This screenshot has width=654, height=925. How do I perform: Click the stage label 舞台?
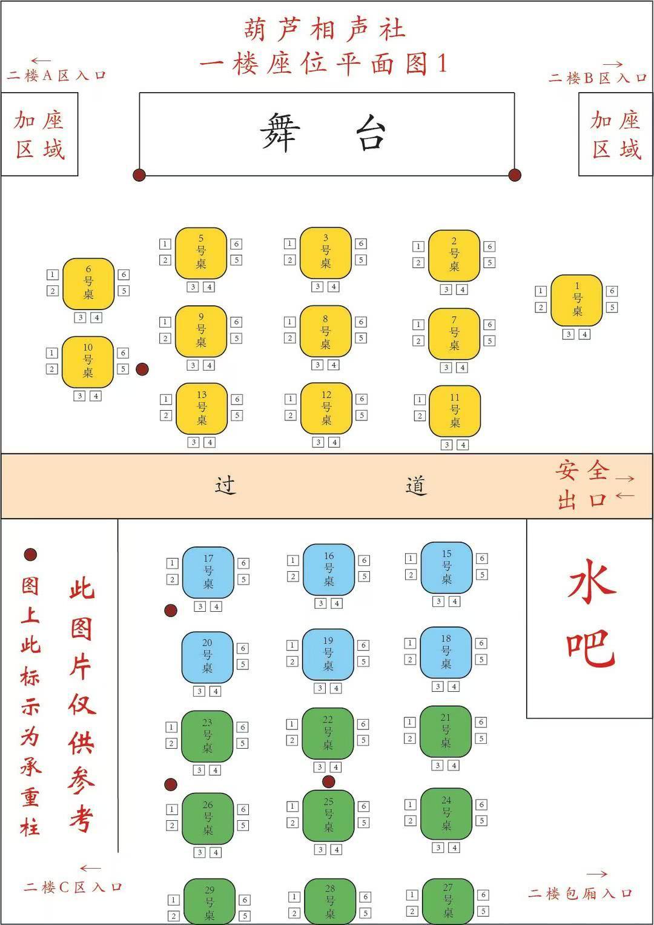pyautogui.click(x=326, y=132)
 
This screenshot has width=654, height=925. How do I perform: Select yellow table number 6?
pyautogui.click(x=88, y=283)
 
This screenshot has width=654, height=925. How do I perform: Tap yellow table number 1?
pyautogui.click(x=576, y=300)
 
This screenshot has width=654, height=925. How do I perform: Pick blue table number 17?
pyautogui.click(x=208, y=572)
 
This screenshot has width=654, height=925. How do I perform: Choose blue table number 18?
pyautogui.click(x=446, y=652)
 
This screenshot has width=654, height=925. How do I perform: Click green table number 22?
pyautogui.click(x=328, y=733)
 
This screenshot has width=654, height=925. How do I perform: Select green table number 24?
pyautogui.click(x=446, y=814)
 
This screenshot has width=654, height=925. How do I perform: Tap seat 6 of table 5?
pyautogui.click(x=236, y=244)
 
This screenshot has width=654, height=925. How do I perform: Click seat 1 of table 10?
pyautogui.click(x=52, y=353)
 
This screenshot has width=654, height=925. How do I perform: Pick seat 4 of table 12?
pyautogui.click(x=334, y=442)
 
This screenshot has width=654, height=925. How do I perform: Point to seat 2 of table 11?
pyautogui.click(x=420, y=416)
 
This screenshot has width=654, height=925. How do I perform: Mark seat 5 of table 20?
pyautogui.click(x=242, y=665)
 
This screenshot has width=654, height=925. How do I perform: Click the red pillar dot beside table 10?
pyautogui.click(x=142, y=369)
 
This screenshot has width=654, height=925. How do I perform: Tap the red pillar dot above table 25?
pyautogui.click(x=329, y=781)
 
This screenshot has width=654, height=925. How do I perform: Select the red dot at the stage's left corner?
pyautogui.click(x=139, y=175)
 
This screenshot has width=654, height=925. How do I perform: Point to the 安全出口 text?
pyautogui.click(x=583, y=486)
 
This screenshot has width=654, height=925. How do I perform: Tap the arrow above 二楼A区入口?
pyautogui.click(x=41, y=61)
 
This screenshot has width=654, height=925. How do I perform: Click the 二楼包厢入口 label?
pyautogui.click(x=580, y=893)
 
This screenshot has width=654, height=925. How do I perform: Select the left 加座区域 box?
pyautogui.click(x=39, y=134)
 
